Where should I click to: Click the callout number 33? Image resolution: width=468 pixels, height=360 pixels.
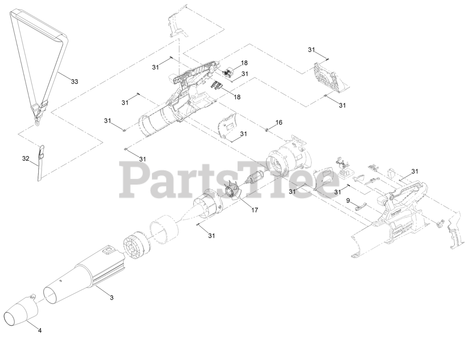[74, 82]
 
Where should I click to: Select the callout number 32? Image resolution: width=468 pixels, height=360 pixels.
[26, 159]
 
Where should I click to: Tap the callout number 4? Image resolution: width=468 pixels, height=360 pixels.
[40, 330]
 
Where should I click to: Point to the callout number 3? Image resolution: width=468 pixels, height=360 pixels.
[112, 298]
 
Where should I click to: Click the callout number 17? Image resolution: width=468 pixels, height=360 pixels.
[254, 210]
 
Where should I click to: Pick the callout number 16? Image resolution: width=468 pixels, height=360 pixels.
[279, 122]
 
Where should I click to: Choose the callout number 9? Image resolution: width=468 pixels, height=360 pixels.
[348, 200]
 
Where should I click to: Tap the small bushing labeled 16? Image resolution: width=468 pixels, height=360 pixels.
[267, 129]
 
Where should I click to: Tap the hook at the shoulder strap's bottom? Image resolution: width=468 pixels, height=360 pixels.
[37, 123]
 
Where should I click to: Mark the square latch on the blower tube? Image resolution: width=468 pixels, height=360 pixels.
[108, 250]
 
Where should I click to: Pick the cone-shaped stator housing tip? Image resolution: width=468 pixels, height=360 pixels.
[186, 214]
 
